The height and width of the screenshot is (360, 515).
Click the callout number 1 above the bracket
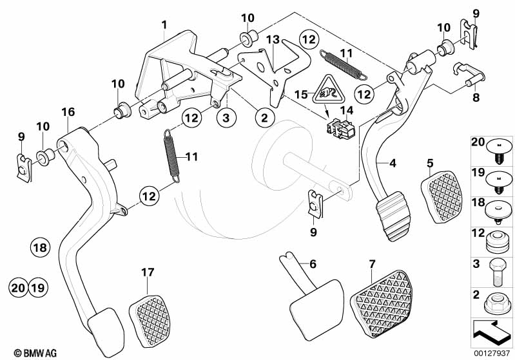click(165, 25)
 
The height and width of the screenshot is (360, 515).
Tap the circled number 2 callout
click(263, 118)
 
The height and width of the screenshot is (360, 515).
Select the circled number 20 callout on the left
click(20, 287)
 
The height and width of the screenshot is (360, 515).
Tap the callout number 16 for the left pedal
click(68, 112)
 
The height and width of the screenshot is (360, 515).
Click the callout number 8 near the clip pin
click(476, 98)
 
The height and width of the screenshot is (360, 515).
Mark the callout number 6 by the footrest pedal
click(313, 263)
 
